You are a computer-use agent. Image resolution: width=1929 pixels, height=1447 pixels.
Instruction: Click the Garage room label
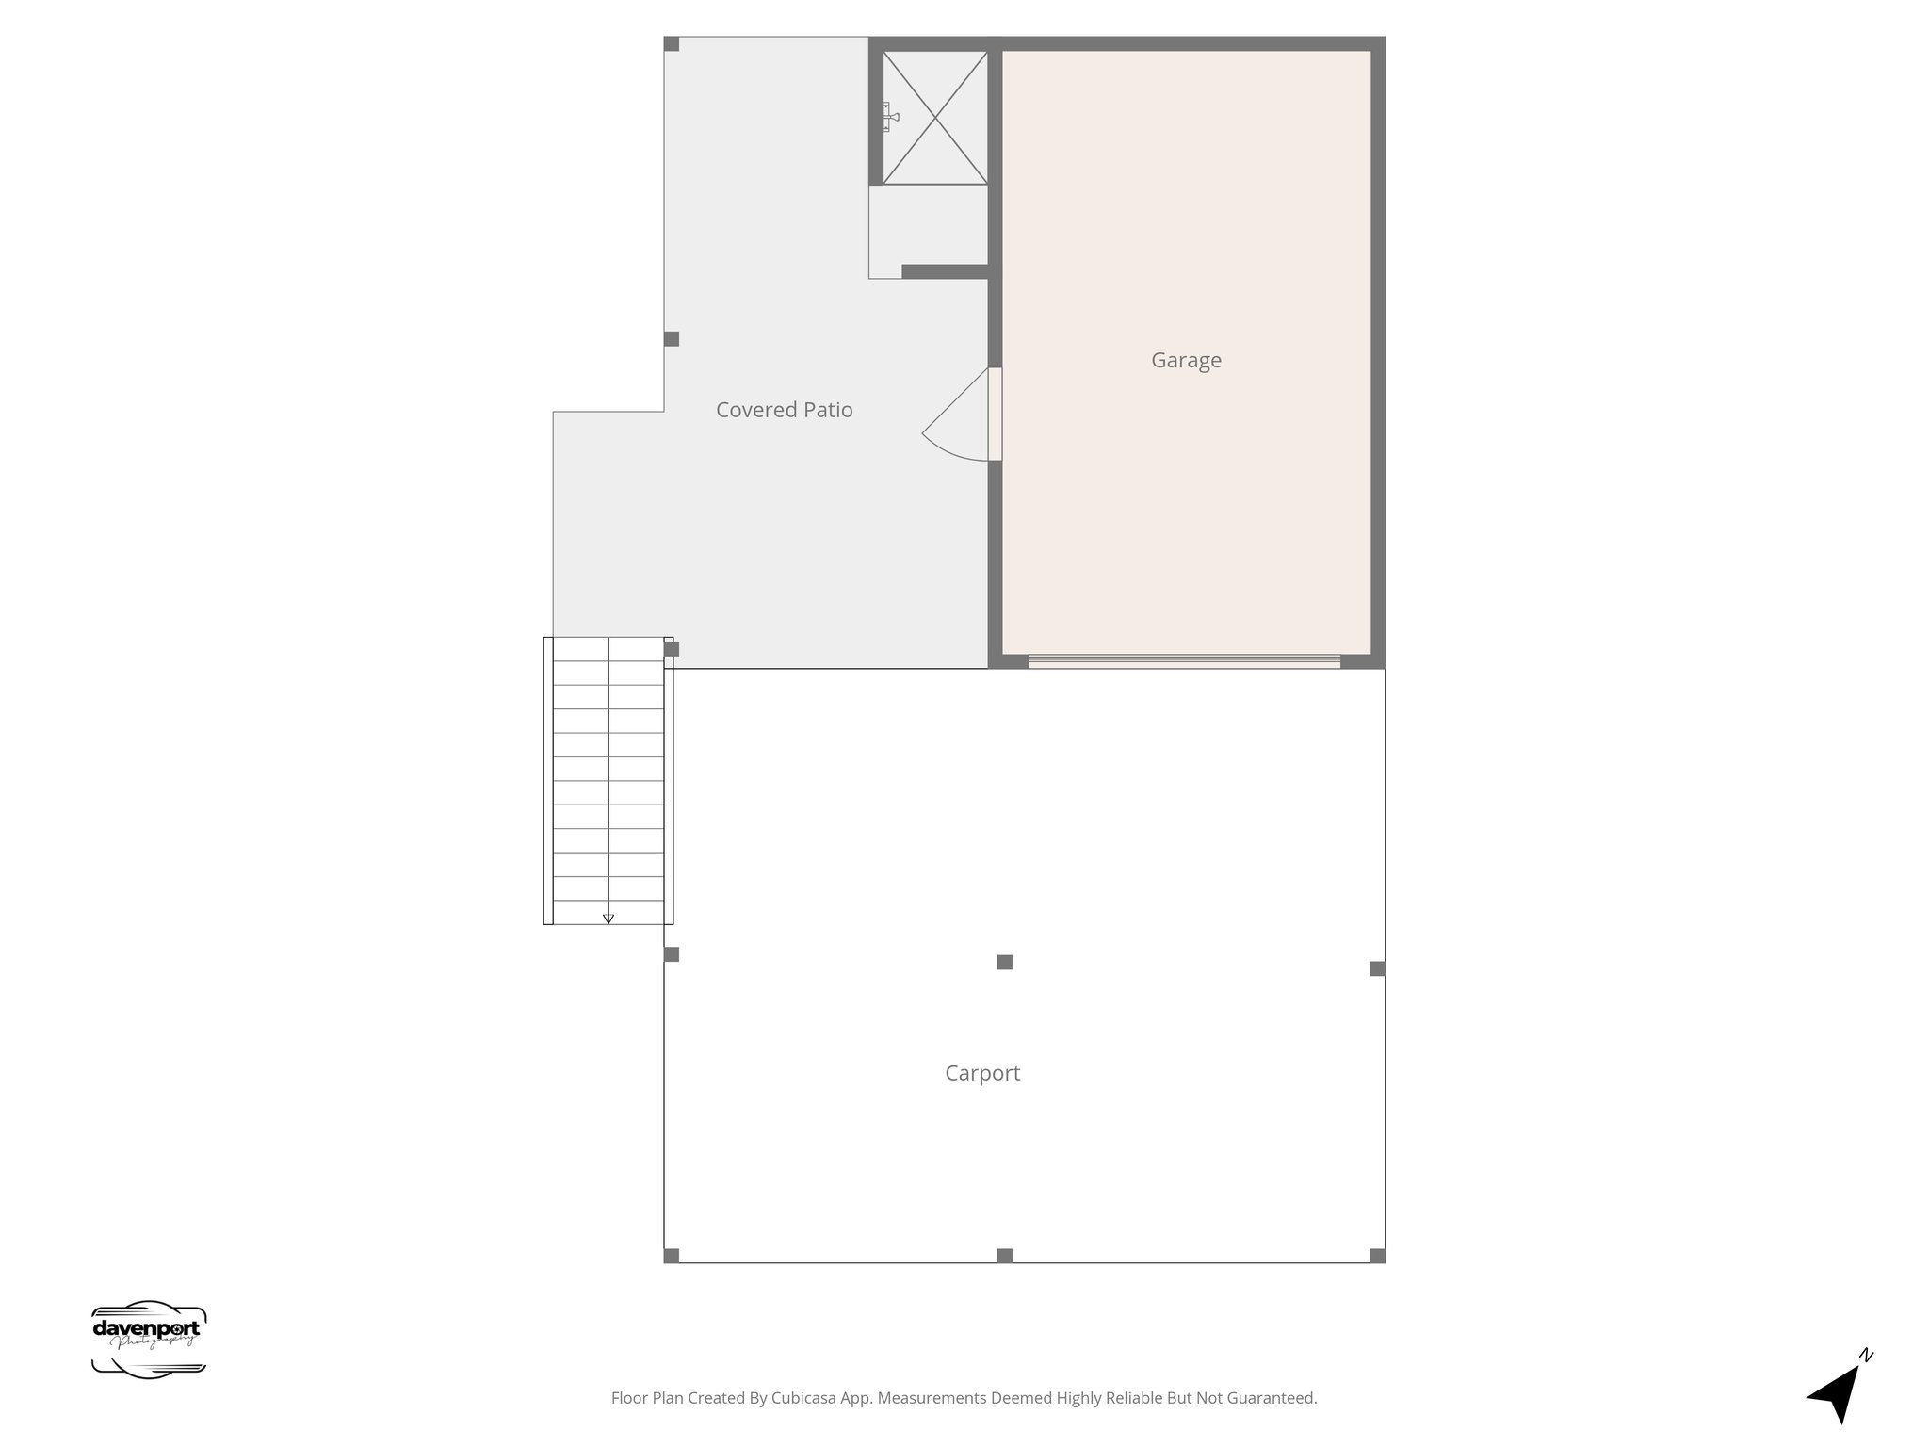click(x=1186, y=360)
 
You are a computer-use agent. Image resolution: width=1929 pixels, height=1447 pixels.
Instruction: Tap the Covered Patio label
click(x=784, y=410)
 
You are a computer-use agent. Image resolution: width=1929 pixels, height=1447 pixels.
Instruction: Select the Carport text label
click(x=982, y=1073)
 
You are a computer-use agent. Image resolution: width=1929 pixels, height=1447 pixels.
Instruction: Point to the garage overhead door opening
click(x=1184, y=660)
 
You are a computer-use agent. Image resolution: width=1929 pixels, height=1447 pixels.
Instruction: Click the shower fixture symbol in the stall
click(x=889, y=117)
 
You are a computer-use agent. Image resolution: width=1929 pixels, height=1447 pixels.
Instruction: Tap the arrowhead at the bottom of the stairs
click(x=608, y=918)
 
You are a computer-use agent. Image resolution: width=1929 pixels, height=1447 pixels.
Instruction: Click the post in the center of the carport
click(x=1005, y=962)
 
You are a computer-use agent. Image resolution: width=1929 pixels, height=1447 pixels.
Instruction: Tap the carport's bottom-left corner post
click(x=672, y=1255)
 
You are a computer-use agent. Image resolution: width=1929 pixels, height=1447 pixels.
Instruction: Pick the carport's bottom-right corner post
click(x=1377, y=1255)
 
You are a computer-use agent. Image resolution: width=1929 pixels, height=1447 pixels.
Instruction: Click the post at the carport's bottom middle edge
click(x=1005, y=1255)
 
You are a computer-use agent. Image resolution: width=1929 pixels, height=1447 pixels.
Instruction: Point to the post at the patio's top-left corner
click(x=672, y=44)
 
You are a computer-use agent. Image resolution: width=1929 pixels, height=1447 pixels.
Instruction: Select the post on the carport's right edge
click(x=1377, y=968)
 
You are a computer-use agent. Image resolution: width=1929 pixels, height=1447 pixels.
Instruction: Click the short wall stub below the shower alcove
click(x=945, y=271)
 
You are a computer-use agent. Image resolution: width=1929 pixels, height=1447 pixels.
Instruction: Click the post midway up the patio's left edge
click(x=672, y=339)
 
